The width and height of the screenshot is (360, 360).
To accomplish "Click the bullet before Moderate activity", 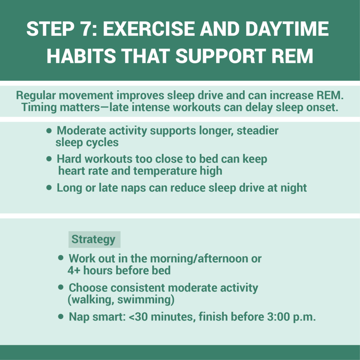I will point(49,131).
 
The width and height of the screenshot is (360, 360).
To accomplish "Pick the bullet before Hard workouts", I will point(49,159).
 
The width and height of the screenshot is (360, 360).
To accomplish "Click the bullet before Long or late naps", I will point(49,188).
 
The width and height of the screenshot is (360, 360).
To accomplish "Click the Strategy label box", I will point(94,239).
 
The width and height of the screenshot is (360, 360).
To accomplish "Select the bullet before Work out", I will point(61,258).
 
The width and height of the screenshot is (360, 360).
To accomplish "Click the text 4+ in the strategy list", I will point(74,270).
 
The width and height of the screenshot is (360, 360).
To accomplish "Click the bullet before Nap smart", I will point(61,317).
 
